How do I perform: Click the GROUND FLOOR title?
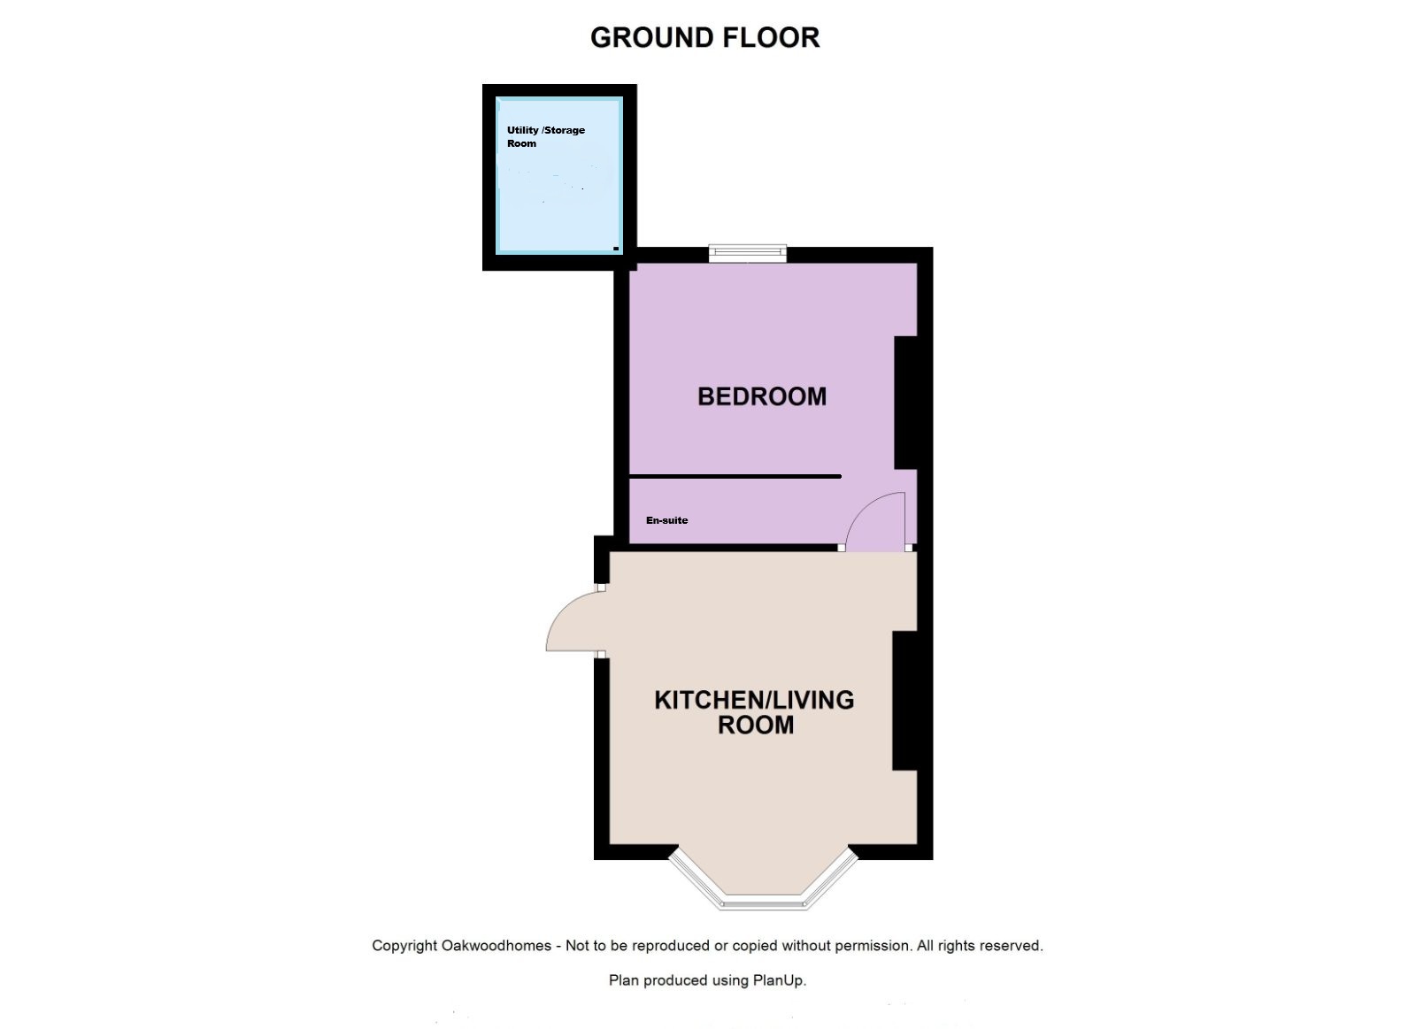(x=704, y=38)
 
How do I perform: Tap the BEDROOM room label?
(x=762, y=396)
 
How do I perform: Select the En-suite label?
(x=667, y=520)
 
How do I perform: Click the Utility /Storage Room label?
(x=546, y=136)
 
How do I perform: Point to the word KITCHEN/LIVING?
(x=754, y=700)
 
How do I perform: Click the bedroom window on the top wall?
(x=747, y=253)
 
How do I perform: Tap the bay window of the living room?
(x=764, y=879)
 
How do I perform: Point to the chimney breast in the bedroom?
(x=905, y=403)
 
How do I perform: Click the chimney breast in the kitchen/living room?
(x=904, y=701)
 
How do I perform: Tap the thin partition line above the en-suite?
(x=735, y=477)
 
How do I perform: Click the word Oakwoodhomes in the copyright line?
(x=496, y=946)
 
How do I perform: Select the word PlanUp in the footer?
(x=780, y=980)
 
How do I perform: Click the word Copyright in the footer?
(x=404, y=946)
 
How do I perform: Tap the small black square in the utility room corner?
(x=616, y=249)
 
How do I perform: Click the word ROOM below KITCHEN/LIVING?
(x=756, y=725)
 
